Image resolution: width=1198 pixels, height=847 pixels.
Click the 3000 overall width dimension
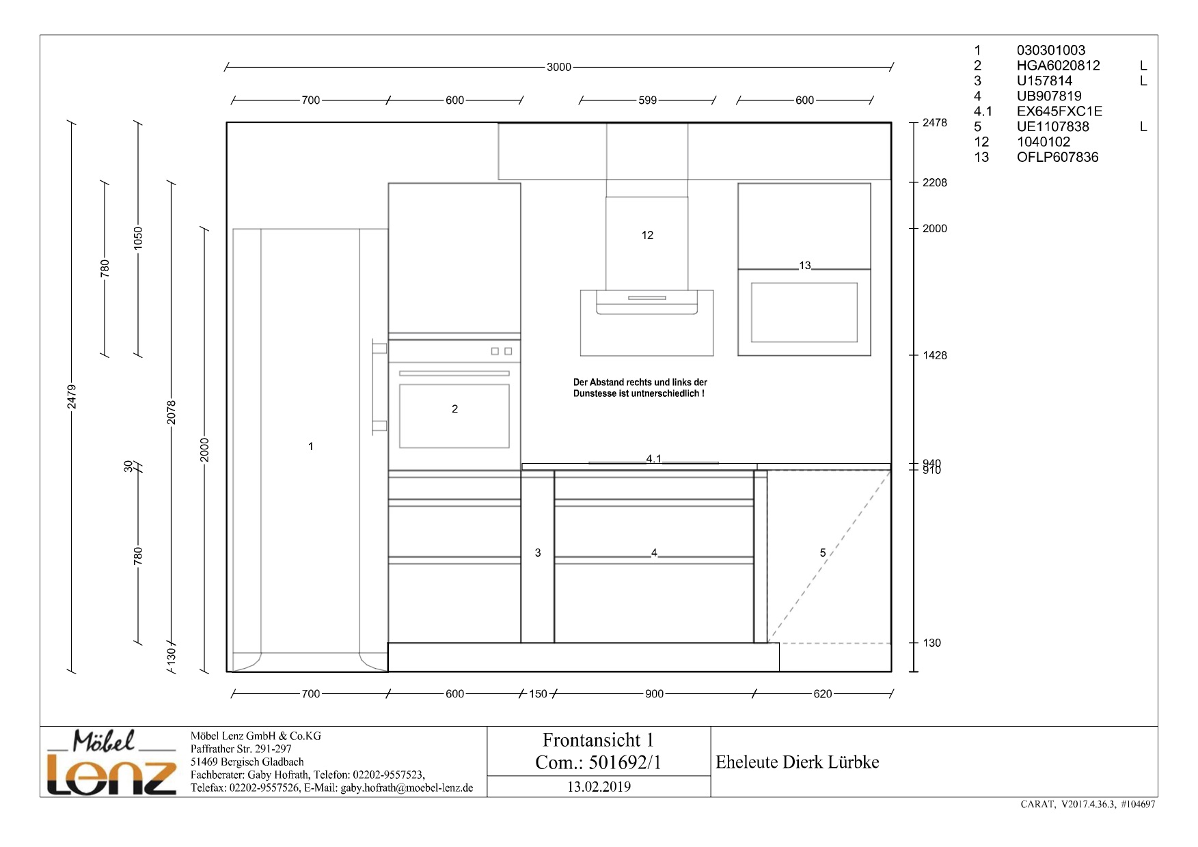[559, 67]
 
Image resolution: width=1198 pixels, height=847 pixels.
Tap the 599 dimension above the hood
[647, 100]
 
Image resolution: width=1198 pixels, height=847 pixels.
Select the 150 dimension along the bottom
[538, 694]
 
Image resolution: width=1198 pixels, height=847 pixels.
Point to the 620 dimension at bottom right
[823, 694]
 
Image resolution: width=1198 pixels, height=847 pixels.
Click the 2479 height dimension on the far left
[72, 397]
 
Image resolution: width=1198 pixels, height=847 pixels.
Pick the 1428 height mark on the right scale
[935, 355]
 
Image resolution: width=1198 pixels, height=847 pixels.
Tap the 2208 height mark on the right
[935, 182]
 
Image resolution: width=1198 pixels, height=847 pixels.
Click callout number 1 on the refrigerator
[311, 447]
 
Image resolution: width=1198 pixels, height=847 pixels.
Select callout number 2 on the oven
[454, 409]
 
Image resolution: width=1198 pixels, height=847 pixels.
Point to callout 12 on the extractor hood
[647, 235]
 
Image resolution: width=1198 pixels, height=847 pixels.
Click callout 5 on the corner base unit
[823, 553]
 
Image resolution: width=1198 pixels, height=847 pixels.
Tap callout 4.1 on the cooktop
[654, 459]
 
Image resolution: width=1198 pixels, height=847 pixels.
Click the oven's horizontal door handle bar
[454, 374]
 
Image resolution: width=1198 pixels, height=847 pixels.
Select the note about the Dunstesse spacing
[640, 388]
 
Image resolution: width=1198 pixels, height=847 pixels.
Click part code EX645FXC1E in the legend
[1059, 111]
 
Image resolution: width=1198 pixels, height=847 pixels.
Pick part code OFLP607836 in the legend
[1057, 157]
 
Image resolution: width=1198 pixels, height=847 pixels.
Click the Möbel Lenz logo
[111, 763]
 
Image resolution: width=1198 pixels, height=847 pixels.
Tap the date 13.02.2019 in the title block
[599, 787]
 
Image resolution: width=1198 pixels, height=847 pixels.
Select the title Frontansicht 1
[598, 740]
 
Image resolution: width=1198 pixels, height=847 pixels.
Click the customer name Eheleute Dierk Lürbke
[798, 762]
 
